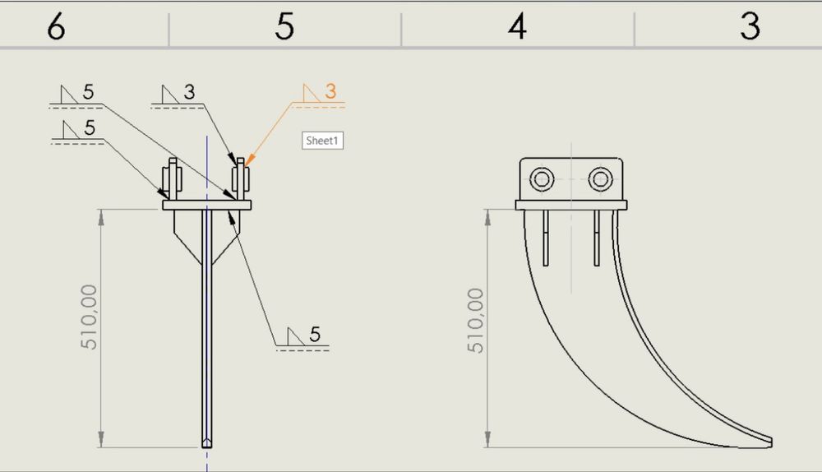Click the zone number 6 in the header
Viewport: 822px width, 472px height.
click(56, 26)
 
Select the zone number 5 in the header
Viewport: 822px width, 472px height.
click(284, 26)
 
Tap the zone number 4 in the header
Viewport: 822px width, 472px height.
click(517, 26)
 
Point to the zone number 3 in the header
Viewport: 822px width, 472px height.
click(750, 26)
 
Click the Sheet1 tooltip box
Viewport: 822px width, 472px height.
click(322, 141)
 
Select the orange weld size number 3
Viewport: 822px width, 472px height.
click(330, 91)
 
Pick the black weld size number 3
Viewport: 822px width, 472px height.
click(189, 92)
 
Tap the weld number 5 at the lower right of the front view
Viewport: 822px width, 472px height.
click(315, 334)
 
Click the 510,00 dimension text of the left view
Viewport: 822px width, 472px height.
click(89, 317)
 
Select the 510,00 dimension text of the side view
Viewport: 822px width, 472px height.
click(475, 321)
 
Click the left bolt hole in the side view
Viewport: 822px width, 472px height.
click(542, 179)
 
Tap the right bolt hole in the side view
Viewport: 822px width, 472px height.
click(600, 179)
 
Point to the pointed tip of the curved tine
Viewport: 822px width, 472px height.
click(771, 442)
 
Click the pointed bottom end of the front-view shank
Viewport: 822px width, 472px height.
click(207, 447)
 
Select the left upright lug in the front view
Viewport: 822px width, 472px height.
click(173, 178)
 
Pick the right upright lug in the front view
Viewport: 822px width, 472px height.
click(241, 178)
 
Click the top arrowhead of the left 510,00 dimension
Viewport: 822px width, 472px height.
click(101, 216)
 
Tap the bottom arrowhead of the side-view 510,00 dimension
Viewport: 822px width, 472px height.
click(487, 439)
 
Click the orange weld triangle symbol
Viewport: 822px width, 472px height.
click(312, 94)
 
